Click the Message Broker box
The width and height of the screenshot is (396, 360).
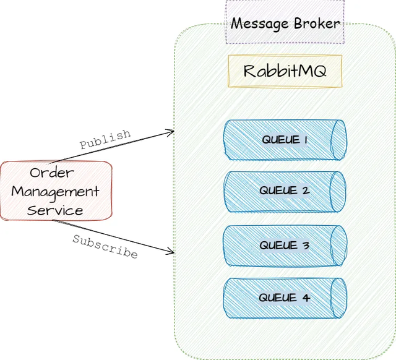pos(285,23)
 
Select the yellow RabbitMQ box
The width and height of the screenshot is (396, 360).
pos(285,71)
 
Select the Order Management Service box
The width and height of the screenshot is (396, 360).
pos(56,191)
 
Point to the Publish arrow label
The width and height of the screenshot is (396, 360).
pos(105,139)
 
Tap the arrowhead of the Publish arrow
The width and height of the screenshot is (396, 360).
pos(172,131)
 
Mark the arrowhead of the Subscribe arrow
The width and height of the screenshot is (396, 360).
pos(172,252)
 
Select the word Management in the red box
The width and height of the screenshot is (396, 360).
pos(55,192)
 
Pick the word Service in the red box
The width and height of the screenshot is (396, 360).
pos(55,210)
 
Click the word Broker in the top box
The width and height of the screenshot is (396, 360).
pos(316,24)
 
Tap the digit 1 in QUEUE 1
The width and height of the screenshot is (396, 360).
pos(306,140)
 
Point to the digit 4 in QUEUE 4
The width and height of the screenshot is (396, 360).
pos(306,298)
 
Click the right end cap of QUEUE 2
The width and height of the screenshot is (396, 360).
pos(338,191)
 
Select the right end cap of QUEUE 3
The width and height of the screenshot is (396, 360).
pos(338,246)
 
